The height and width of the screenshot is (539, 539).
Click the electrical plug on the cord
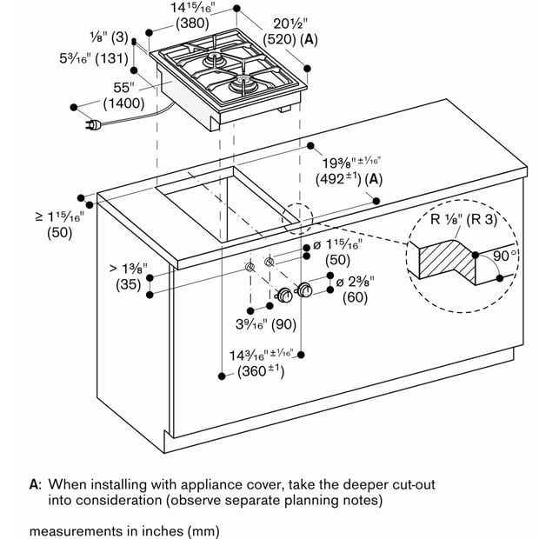coord(93,124)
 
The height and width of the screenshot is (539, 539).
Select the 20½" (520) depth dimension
coord(290,32)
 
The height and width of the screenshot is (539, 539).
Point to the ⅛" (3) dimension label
coord(109,37)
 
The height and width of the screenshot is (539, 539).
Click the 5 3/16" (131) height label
coord(94,58)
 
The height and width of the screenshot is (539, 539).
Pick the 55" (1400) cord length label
coord(124,96)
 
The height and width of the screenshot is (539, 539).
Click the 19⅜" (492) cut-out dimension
coord(349,171)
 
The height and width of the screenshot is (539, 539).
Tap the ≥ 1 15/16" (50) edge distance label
coord(60,224)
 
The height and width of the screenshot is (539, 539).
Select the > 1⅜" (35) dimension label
coord(128,276)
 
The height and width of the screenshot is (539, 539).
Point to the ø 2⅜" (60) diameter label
coord(355,289)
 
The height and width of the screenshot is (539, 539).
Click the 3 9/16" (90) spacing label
coord(266,323)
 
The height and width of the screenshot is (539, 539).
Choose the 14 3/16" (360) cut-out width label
coord(262,363)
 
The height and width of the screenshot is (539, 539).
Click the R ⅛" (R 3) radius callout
coord(463,219)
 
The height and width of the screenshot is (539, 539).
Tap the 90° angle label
coord(504,256)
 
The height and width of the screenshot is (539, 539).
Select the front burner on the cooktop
coord(243,82)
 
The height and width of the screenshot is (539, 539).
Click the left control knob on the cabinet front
coord(284,296)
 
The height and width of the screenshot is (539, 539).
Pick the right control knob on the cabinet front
coord(304,289)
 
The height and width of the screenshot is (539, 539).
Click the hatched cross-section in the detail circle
coord(447,259)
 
